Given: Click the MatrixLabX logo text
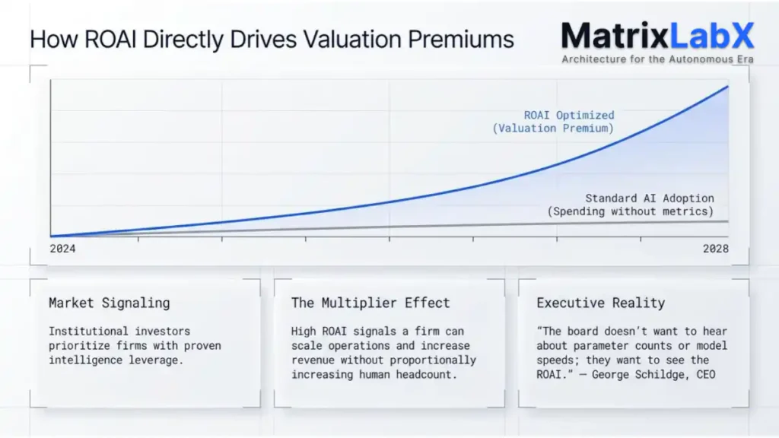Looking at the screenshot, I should [x=657, y=36].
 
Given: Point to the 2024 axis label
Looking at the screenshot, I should [x=63, y=249].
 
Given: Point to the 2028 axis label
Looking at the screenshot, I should [x=716, y=249].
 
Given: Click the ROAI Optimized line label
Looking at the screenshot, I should [x=569, y=116].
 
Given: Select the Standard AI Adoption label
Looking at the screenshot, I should [x=650, y=198].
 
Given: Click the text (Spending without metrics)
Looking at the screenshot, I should [x=631, y=211].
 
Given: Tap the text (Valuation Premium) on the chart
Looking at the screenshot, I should [x=553, y=129].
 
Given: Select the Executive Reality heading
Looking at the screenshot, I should [x=601, y=303].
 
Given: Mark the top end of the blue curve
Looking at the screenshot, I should [x=728, y=86].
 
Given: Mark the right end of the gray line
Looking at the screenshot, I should [x=728, y=221].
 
